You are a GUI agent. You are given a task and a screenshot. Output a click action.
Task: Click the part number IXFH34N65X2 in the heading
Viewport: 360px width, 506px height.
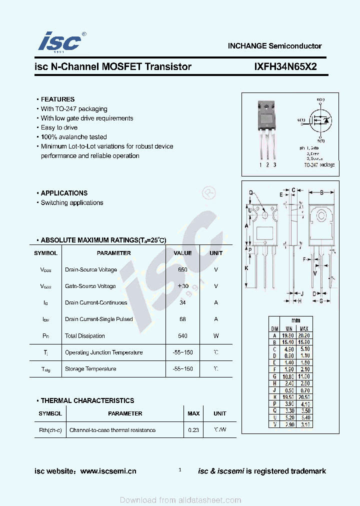(x=285, y=66)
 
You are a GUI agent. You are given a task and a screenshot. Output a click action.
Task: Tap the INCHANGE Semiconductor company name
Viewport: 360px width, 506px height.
(x=274, y=46)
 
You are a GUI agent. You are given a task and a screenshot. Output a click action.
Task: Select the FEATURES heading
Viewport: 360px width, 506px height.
(x=57, y=99)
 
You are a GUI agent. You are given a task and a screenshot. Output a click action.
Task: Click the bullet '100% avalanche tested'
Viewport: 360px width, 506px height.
(x=73, y=137)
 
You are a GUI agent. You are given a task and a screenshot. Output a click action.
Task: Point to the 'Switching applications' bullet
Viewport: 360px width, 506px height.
(x=72, y=203)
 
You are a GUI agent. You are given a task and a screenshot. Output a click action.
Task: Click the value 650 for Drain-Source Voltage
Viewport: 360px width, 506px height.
(x=182, y=270)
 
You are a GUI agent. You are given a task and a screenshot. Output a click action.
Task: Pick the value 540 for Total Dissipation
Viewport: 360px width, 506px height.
(x=182, y=336)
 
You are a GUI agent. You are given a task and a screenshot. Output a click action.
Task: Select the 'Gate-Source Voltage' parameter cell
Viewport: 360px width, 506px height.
(x=90, y=286)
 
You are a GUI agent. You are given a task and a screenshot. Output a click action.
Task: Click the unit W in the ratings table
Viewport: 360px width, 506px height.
(x=216, y=336)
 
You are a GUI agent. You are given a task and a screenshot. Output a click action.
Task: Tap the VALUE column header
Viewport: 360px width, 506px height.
(x=182, y=253)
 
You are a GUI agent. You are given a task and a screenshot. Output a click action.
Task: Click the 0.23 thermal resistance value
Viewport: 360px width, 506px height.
(x=193, y=430)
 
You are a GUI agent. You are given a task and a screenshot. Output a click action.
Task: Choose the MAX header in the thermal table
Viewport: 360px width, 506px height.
(x=193, y=413)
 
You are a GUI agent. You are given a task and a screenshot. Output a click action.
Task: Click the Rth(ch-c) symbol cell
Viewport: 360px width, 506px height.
(x=50, y=430)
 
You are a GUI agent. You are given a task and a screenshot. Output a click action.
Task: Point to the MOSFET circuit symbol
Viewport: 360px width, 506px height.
(x=318, y=120)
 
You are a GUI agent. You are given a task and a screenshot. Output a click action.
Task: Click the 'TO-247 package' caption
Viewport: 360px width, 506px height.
(x=319, y=164)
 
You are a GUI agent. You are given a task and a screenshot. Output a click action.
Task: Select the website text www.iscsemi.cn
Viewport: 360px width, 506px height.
(x=108, y=471)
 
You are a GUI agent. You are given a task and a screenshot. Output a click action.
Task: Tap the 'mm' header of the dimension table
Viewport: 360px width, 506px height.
(x=296, y=320)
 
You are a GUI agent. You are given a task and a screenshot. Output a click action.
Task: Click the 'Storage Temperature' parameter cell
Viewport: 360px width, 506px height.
(x=90, y=369)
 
